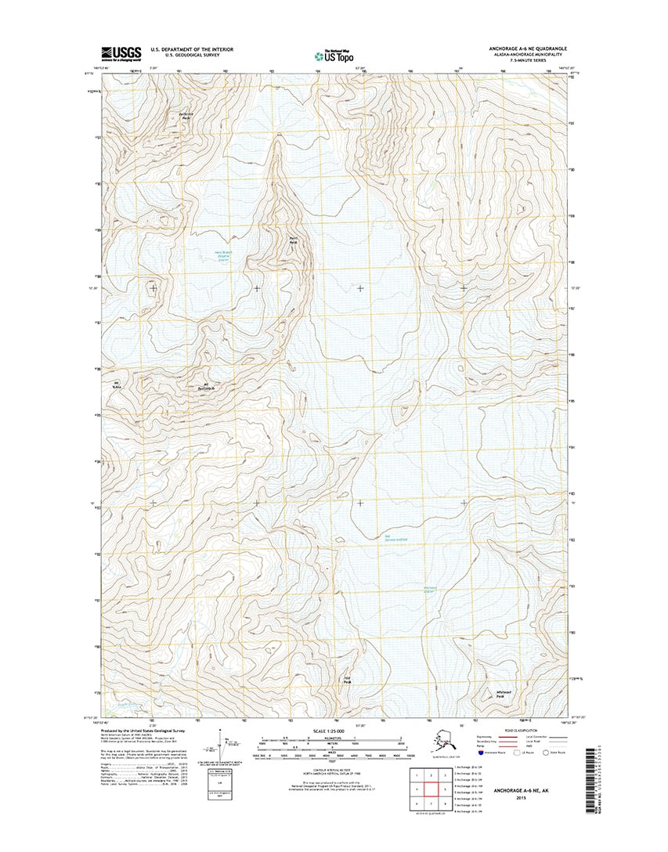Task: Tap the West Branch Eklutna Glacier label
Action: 222,255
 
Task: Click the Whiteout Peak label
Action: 504,693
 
